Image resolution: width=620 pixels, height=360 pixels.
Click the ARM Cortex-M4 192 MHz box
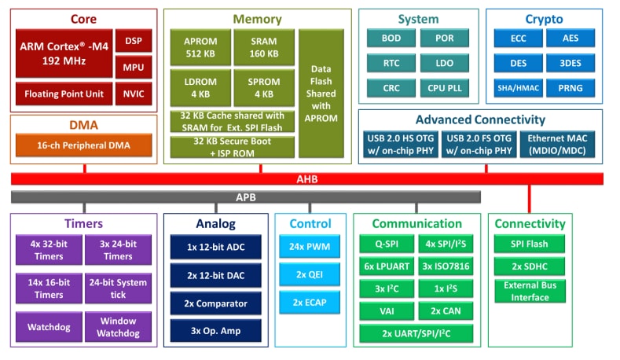point(63,52)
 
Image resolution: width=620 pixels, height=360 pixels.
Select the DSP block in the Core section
point(133,40)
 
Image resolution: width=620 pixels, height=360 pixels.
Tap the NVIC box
point(133,94)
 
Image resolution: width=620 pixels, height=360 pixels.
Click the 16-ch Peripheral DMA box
point(83,145)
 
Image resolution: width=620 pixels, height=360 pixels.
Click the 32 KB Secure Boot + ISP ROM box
point(233,147)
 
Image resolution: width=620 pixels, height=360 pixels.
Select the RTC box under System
point(391,63)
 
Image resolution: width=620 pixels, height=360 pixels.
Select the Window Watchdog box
point(117,327)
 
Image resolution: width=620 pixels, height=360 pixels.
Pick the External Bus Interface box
point(530,290)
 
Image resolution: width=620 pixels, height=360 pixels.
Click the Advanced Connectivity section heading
point(479,119)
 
